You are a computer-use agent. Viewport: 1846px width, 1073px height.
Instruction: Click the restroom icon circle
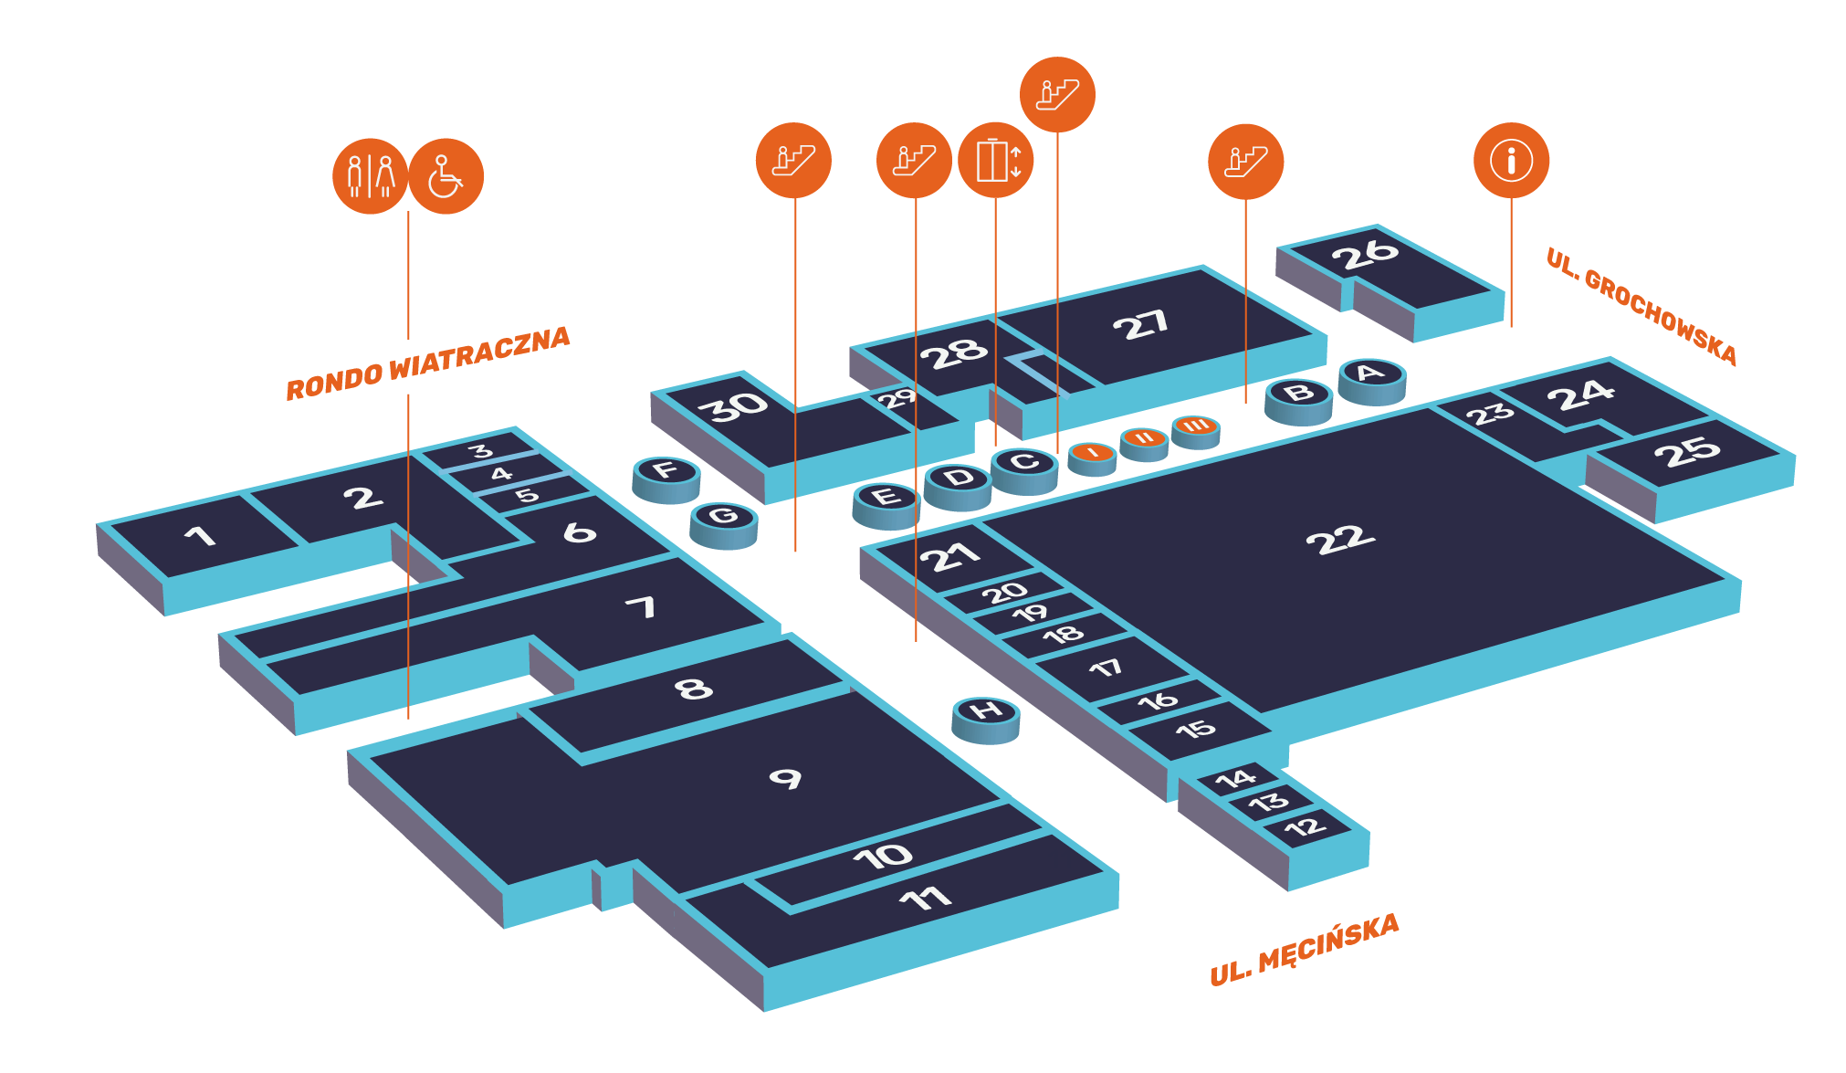pyautogui.click(x=370, y=176)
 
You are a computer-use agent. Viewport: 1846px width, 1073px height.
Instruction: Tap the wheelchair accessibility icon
pyautogui.click(x=446, y=176)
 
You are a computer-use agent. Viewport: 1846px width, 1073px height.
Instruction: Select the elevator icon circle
pyautogui.click(x=996, y=160)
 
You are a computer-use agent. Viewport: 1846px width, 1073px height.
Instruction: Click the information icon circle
pyautogui.click(x=1511, y=160)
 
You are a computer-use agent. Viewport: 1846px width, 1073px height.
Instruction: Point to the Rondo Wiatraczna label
pyautogui.click(x=428, y=363)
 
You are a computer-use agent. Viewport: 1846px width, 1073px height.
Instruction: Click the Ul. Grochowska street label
pyautogui.click(x=1641, y=306)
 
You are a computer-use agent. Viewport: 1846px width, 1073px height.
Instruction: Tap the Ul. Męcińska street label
pyautogui.click(x=1304, y=950)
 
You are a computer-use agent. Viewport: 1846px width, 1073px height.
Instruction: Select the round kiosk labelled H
pyautogui.click(x=986, y=720)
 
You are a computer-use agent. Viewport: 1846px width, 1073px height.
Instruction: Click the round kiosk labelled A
pyautogui.click(x=1371, y=381)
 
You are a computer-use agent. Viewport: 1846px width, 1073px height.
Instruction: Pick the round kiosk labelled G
pyautogui.click(x=724, y=525)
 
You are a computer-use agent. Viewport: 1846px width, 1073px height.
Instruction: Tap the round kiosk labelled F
pyautogui.click(x=666, y=479)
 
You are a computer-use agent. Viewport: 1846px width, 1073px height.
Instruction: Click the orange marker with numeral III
pyautogui.click(x=1196, y=432)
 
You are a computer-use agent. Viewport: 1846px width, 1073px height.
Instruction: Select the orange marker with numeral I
pyautogui.click(x=1092, y=458)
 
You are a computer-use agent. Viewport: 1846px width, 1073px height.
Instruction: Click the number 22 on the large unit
pyautogui.click(x=1340, y=540)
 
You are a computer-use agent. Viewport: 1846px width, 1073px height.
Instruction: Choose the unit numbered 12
pyautogui.click(x=1306, y=827)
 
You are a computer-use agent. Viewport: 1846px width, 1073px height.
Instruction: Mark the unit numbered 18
pyautogui.click(x=1065, y=635)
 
